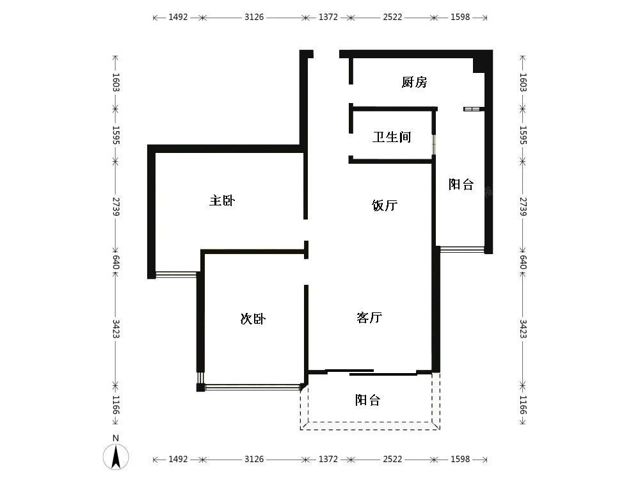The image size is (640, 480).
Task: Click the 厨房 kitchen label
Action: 414,82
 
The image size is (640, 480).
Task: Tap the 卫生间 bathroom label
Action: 392,137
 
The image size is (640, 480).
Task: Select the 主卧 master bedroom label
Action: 222,200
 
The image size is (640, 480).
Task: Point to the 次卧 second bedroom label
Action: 253,318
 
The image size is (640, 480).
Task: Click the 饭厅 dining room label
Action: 385,205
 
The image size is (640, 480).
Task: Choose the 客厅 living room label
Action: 369,317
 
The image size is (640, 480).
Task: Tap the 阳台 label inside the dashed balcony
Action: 367,399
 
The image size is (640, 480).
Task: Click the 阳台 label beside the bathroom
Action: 461,184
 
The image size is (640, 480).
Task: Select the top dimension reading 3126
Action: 254,17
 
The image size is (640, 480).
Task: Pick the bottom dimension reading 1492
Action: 178,459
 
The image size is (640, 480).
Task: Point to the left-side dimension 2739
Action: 116,207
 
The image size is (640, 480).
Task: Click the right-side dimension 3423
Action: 523,329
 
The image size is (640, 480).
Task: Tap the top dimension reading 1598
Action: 460,17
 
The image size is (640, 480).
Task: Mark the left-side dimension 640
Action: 116,262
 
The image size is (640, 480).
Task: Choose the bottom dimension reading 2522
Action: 392,459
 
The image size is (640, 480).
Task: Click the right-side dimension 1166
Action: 523,404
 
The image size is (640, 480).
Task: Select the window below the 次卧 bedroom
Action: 252,387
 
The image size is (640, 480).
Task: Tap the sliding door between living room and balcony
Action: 370,372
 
